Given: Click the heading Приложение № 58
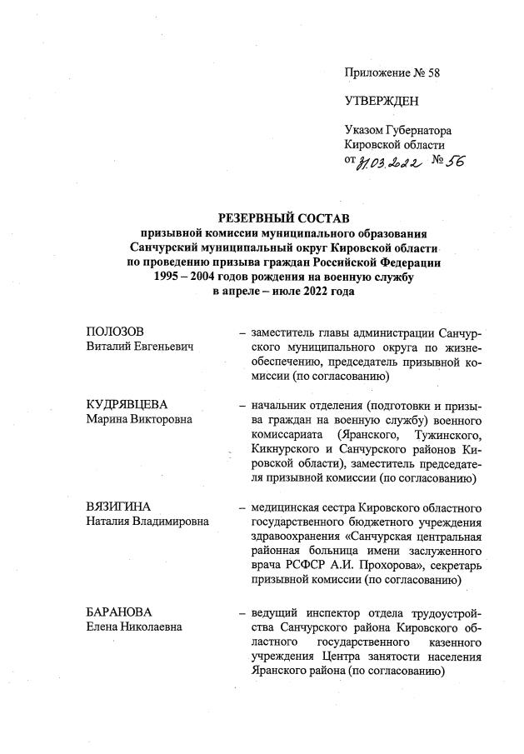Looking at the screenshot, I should click(392, 72).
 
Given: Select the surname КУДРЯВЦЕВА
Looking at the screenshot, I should click(128, 404).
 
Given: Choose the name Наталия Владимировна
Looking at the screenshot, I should click(147, 521).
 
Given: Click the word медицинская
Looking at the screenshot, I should click(285, 507).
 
